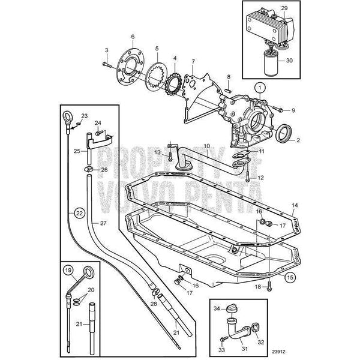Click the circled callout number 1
point(259,88)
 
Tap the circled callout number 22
point(79,212)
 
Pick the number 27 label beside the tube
point(103,223)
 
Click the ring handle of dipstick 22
point(68,115)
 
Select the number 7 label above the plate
point(193,62)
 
